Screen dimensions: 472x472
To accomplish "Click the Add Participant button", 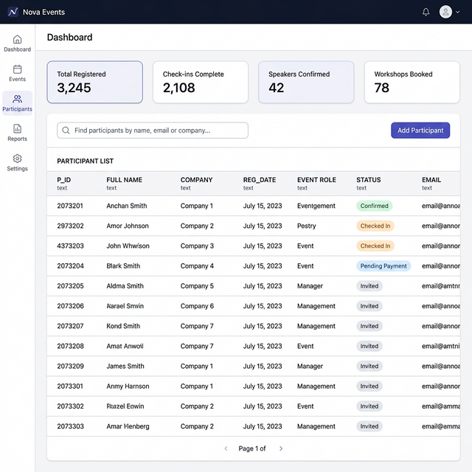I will tap(420, 131).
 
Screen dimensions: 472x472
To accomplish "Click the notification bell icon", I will tap(426, 12).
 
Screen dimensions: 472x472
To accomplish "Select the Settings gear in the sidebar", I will tap(17, 162).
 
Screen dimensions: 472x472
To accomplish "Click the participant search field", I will tap(153, 131).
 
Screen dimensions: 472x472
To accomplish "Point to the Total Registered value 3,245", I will tap(74, 88).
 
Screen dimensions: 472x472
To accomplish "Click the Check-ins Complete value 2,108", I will tap(179, 88).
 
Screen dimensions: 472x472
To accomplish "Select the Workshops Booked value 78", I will tap(381, 88).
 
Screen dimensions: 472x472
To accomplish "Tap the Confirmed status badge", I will tap(374, 206).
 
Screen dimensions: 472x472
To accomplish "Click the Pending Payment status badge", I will tap(383, 266).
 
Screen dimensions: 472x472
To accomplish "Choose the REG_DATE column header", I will tap(260, 180).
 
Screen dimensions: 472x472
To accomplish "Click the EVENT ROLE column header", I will tap(316, 180).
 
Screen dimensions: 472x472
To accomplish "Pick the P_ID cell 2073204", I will tap(70, 266).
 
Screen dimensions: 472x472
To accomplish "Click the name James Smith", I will tap(125, 366).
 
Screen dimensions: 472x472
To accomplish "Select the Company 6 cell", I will tap(197, 306).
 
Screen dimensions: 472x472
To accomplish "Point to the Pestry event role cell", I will tap(306, 226).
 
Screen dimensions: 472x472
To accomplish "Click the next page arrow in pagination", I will tap(281, 448).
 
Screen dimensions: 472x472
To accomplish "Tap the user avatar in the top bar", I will tap(445, 12).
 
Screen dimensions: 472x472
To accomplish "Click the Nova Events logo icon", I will tap(13, 12).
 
